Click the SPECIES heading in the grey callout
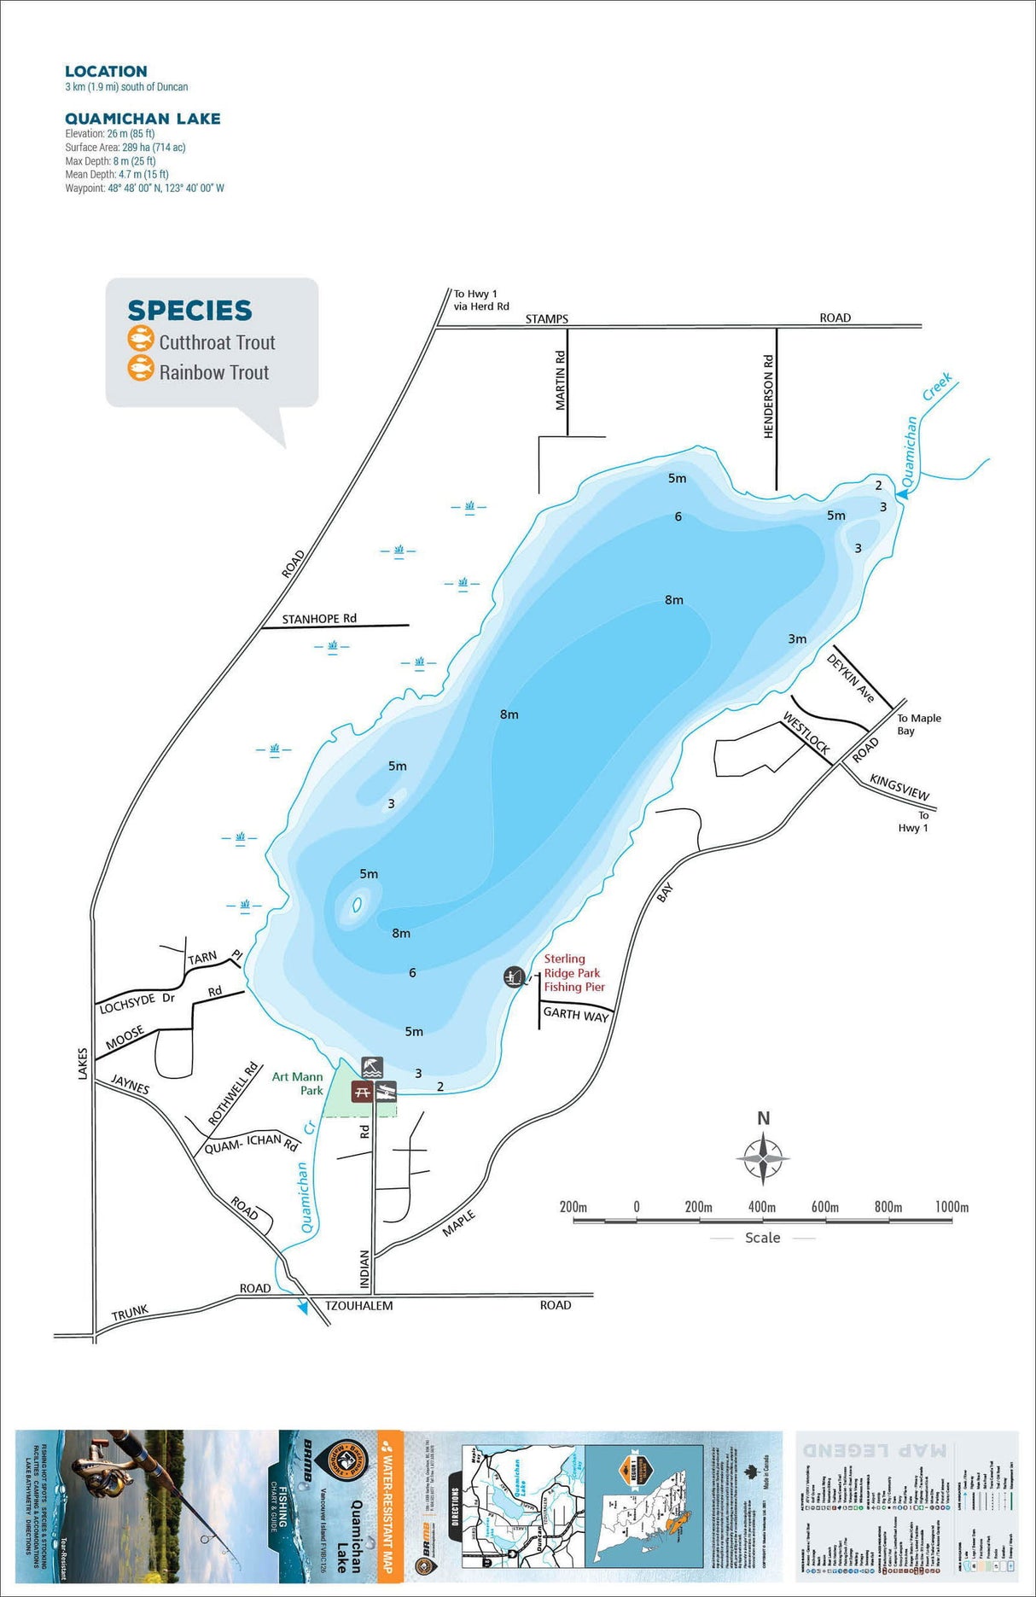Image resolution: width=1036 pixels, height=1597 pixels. tap(189, 310)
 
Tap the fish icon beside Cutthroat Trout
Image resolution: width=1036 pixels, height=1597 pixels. tap(140, 339)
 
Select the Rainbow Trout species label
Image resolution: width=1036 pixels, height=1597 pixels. tap(213, 372)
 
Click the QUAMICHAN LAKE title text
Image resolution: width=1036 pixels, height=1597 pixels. tap(143, 119)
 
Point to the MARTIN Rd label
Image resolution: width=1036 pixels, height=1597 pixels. tap(561, 381)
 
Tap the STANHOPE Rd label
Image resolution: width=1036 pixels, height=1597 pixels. tap(319, 619)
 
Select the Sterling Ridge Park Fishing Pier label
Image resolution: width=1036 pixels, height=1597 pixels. tap(573, 973)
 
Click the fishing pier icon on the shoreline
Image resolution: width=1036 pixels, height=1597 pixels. tap(514, 976)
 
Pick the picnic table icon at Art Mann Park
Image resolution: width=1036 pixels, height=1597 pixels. tap(362, 1092)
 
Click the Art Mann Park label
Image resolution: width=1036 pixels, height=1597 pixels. tap(298, 1083)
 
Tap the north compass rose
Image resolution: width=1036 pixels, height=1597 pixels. tap(763, 1158)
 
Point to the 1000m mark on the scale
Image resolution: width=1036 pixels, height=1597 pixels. tap(952, 1207)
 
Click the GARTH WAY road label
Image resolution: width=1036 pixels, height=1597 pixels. tap(576, 1014)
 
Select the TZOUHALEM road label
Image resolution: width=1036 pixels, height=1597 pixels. tap(358, 1305)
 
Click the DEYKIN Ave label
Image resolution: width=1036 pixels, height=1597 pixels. tap(850, 679)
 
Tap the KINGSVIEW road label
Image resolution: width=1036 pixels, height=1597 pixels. tap(899, 786)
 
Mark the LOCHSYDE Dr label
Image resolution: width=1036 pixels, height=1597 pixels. tap(137, 1003)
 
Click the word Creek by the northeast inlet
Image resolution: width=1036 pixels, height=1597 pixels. tap(937, 387)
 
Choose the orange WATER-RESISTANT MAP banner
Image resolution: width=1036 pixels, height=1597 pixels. tap(388, 1503)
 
